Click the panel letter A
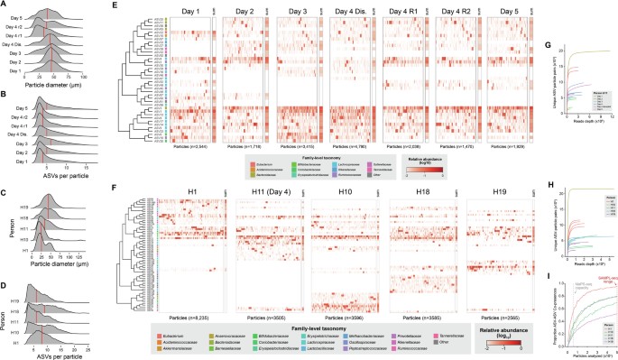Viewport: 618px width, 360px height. pyautogui.click(x=5, y=5)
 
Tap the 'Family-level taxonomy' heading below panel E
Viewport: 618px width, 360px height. pyautogui.click(x=280, y=155)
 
